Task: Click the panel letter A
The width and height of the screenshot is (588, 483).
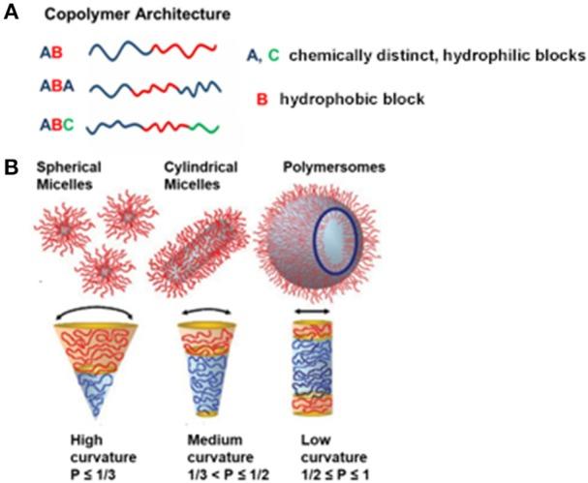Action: pyautogui.click(x=13, y=15)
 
